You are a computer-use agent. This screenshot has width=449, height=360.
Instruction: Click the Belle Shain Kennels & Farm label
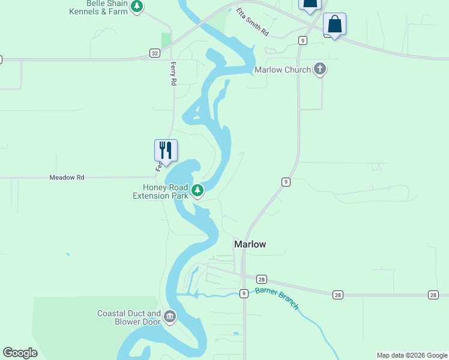pos(107,7)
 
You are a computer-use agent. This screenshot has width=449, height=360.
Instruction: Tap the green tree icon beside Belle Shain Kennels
pos(137,7)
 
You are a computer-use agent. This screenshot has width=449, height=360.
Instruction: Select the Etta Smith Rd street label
pos(252,22)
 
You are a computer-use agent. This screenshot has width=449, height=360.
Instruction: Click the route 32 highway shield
pos(155,53)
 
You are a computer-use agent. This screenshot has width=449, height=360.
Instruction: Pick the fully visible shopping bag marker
pos(334,25)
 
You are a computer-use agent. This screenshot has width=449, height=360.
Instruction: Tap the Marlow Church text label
pos(283,70)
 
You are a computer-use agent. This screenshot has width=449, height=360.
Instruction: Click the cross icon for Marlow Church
pos(320,70)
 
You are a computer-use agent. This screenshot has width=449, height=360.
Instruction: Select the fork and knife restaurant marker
pos(166,151)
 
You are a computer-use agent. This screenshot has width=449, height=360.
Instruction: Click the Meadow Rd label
pos(67,178)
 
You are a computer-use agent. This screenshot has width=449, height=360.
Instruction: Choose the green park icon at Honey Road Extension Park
pos(197,191)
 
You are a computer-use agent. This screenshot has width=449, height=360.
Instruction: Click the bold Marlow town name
pos(250,244)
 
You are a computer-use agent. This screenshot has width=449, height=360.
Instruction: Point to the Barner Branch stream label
pos(277,298)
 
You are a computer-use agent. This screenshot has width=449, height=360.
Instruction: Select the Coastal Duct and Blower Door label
pos(129,317)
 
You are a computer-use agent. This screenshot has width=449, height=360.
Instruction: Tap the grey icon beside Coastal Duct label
pos(170,316)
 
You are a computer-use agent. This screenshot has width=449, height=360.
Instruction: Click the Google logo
pos(20,353)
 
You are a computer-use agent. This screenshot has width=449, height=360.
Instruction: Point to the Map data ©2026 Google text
pos(412,355)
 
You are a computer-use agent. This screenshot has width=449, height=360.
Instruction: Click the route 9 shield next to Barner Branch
pos(244,293)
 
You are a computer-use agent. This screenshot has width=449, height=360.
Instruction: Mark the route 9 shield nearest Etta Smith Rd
pos(303,40)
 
